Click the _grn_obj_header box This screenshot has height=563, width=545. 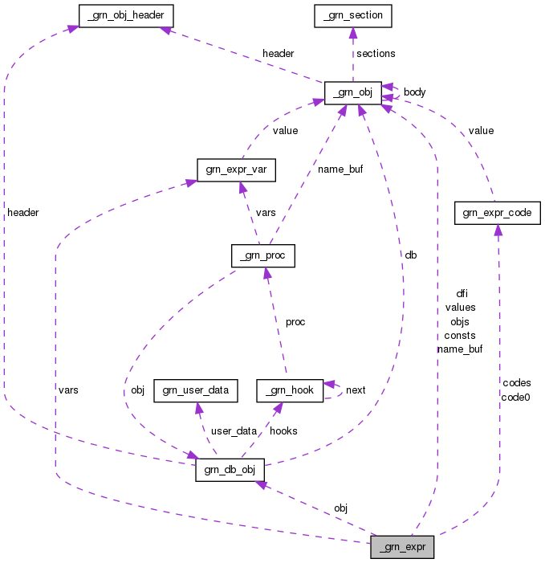126,14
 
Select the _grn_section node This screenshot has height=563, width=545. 353,14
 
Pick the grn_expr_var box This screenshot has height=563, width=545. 237,169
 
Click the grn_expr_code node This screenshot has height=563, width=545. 498,213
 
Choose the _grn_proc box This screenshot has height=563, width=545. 262,256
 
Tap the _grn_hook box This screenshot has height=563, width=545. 290,390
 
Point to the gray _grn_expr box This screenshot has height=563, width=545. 402,547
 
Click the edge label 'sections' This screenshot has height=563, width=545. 376,54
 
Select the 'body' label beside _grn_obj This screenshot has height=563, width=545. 414,92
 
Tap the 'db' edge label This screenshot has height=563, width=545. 410,255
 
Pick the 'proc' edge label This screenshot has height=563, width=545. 295,322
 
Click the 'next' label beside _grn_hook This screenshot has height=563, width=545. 356,390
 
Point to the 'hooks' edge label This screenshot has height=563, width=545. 283,431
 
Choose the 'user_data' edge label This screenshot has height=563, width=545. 234,431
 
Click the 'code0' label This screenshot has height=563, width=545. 515,397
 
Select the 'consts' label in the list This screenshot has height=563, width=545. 459,335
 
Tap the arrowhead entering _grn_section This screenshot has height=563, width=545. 353,32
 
